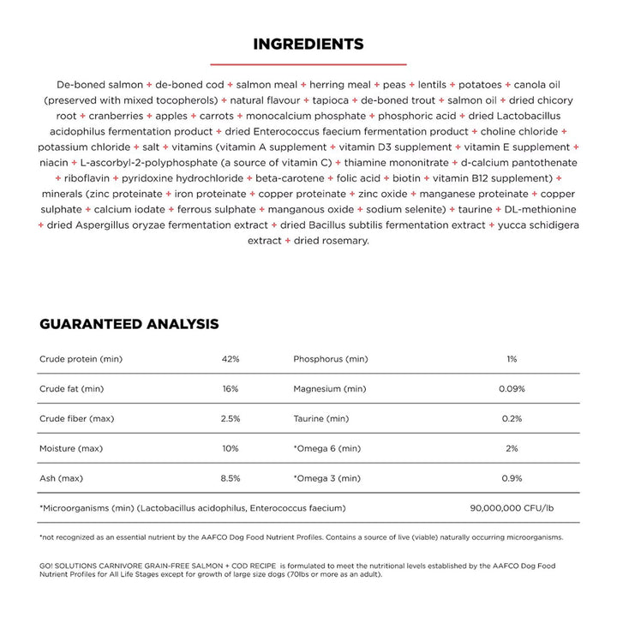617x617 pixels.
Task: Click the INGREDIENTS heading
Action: pos(308,44)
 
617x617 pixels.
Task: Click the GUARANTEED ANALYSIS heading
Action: pos(129,324)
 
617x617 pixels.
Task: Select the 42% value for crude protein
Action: pos(230,359)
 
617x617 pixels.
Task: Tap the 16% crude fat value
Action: pos(230,388)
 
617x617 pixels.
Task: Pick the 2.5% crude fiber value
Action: pos(230,418)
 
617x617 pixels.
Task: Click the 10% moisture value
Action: pos(230,448)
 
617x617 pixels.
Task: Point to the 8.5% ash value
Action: pos(230,478)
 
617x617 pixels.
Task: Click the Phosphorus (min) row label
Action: pos(331,359)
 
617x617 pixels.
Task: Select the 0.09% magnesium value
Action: pos(512,388)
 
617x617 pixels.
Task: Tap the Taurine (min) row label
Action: pos(321,418)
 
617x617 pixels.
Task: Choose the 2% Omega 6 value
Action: pos(512,448)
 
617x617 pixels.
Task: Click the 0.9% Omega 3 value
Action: pos(512,478)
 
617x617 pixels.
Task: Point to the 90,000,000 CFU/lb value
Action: pos(512,508)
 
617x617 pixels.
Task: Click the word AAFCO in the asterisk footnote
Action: pos(225,537)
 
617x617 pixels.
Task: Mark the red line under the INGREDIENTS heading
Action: pos(308,63)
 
